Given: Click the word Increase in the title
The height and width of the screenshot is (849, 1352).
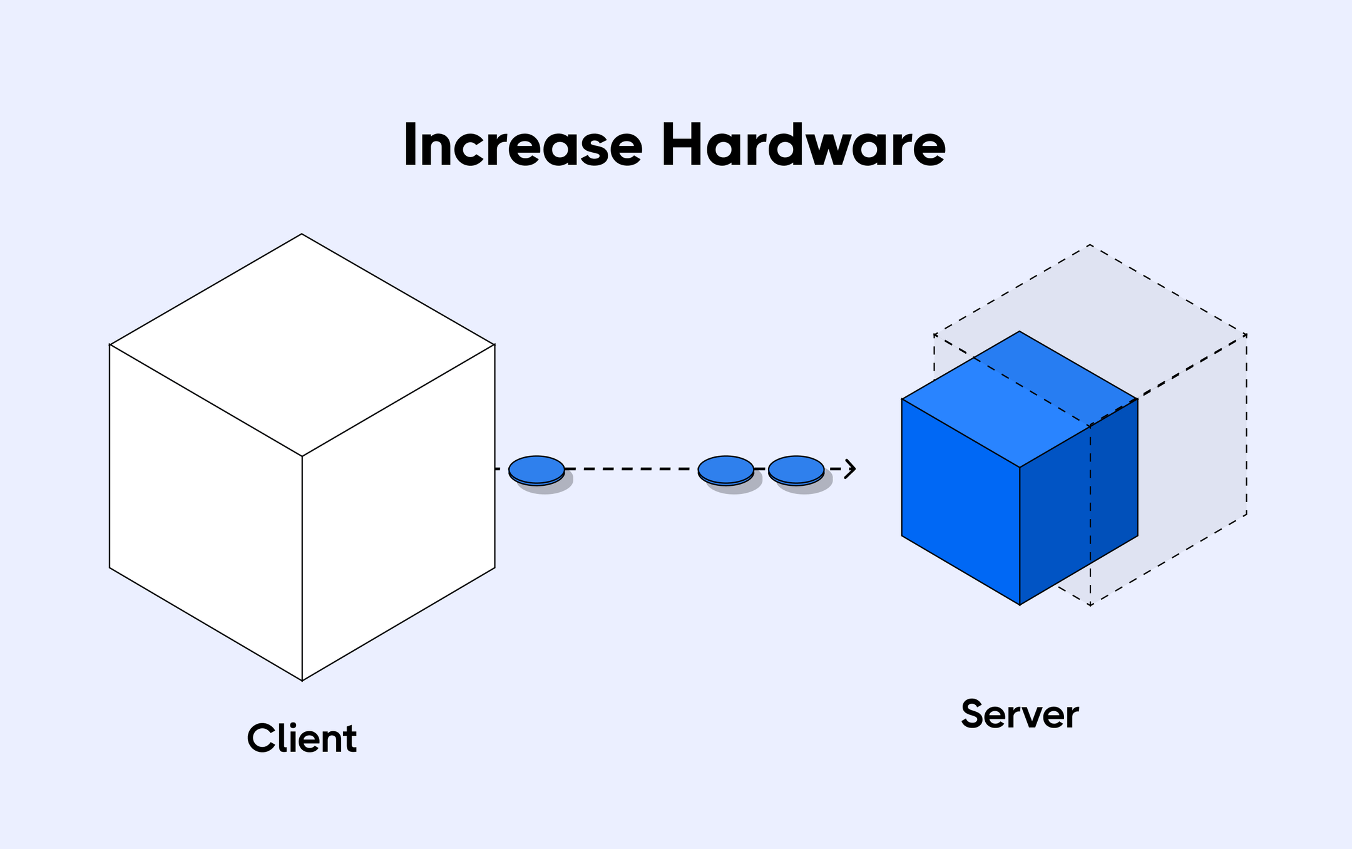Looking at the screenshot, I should tap(523, 145).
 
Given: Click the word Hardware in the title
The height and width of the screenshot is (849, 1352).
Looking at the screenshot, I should tap(804, 145).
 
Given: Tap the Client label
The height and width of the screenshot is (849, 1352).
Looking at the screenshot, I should tap(302, 738).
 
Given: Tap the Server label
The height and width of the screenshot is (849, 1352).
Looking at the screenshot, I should tap(1020, 714).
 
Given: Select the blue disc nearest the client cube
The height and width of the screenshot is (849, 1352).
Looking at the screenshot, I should tap(536, 469).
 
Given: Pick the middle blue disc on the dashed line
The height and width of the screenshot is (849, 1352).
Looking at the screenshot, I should tap(725, 469).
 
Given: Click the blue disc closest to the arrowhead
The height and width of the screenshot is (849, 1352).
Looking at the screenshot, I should tap(796, 469).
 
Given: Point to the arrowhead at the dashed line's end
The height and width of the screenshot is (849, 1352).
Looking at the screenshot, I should tap(851, 468).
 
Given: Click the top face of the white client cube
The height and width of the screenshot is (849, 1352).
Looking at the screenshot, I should tap(302, 344).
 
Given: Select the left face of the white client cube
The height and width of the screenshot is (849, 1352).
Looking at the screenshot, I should tap(205, 513).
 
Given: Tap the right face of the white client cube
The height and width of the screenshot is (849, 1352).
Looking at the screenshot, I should tap(399, 513).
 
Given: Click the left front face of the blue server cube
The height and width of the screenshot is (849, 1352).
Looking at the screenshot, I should tap(960, 501).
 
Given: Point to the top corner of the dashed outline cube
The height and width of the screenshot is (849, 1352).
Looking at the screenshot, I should tap(1090, 245).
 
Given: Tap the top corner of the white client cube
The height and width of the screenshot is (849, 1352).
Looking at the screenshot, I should tap(302, 234).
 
